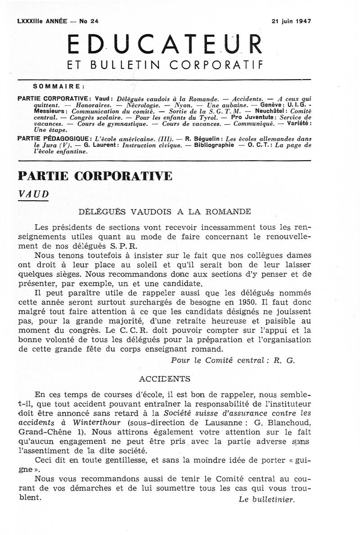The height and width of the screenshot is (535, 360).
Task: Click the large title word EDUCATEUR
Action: pos(164,45)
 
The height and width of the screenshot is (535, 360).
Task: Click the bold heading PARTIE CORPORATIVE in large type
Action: pos(94,175)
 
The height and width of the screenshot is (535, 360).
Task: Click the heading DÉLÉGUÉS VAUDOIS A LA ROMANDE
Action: pos(164,211)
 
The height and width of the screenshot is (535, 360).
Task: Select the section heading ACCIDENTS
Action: pos(165,379)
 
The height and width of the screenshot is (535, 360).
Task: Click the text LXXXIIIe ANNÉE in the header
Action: pos(41,21)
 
